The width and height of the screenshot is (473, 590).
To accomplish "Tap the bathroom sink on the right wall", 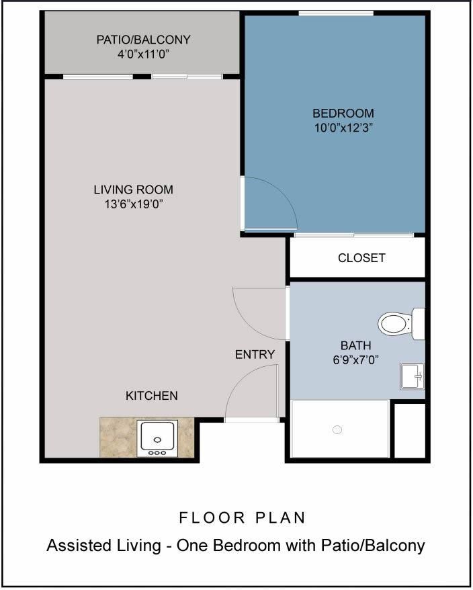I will tap(411, 376).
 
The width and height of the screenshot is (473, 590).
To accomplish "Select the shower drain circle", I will tap(338, 429).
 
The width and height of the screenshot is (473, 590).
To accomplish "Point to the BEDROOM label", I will tap(343, 113).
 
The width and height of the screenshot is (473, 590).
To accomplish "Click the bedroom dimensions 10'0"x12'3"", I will tap(343, 128).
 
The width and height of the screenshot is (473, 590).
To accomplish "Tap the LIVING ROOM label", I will tap(133, 189).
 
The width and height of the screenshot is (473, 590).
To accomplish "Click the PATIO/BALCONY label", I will tap(143, 40).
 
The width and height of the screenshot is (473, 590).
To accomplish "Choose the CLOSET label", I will tap(361, 258).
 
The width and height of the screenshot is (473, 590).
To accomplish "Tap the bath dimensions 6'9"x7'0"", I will tap(355, 360).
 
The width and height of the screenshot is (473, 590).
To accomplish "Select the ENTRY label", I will tap(255, 354).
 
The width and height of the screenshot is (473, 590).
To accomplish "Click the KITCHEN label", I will tap(152, 396).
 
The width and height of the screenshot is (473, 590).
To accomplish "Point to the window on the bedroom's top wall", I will tap(336, 13).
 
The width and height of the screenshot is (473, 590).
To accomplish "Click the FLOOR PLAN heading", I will tap(243, 517).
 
